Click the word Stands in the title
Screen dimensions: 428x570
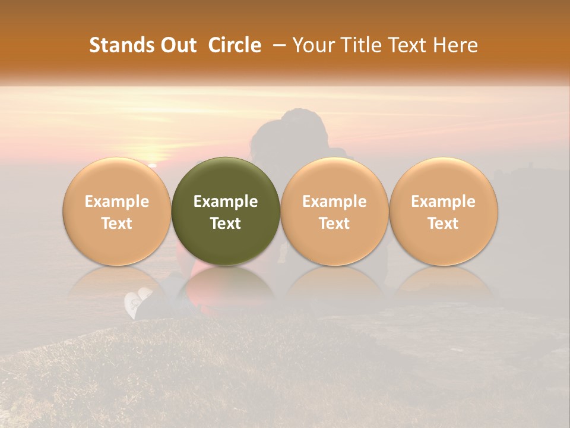[x=120, y=45]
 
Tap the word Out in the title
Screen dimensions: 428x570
[x=177, y=45]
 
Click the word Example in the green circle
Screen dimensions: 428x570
[x=226, y=202]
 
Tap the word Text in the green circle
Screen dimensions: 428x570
[x=226, y=224]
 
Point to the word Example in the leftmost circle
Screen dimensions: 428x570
[x=117, y=202]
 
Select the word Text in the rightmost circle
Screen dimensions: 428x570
[x=443, y=224]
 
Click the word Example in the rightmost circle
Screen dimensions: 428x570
[x=443, y=202]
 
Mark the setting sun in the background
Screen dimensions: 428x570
[x=153, y=163]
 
